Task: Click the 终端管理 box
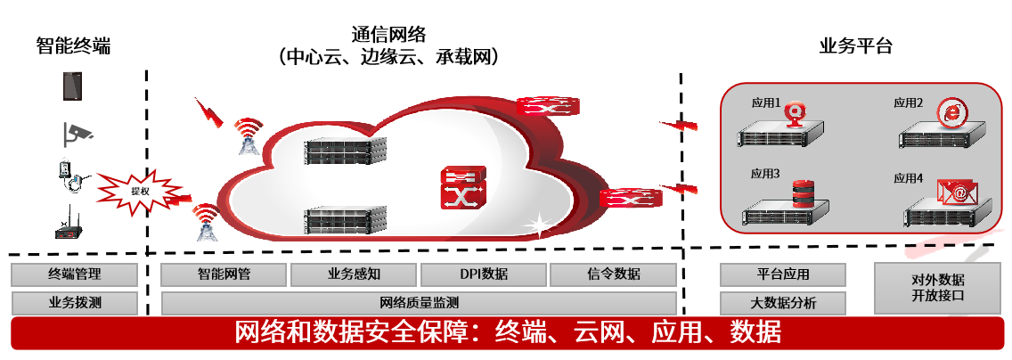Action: point(75,274)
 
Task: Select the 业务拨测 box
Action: point(75,302)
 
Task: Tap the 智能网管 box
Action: point(224,274)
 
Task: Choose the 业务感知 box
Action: point(354,274)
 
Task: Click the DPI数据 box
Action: point(483,274)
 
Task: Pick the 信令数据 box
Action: point(614,274)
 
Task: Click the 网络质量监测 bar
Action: point(419,302)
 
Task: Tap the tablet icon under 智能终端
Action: point(73,86)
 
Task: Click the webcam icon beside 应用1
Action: point(796,111)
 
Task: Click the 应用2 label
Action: point(908,103)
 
